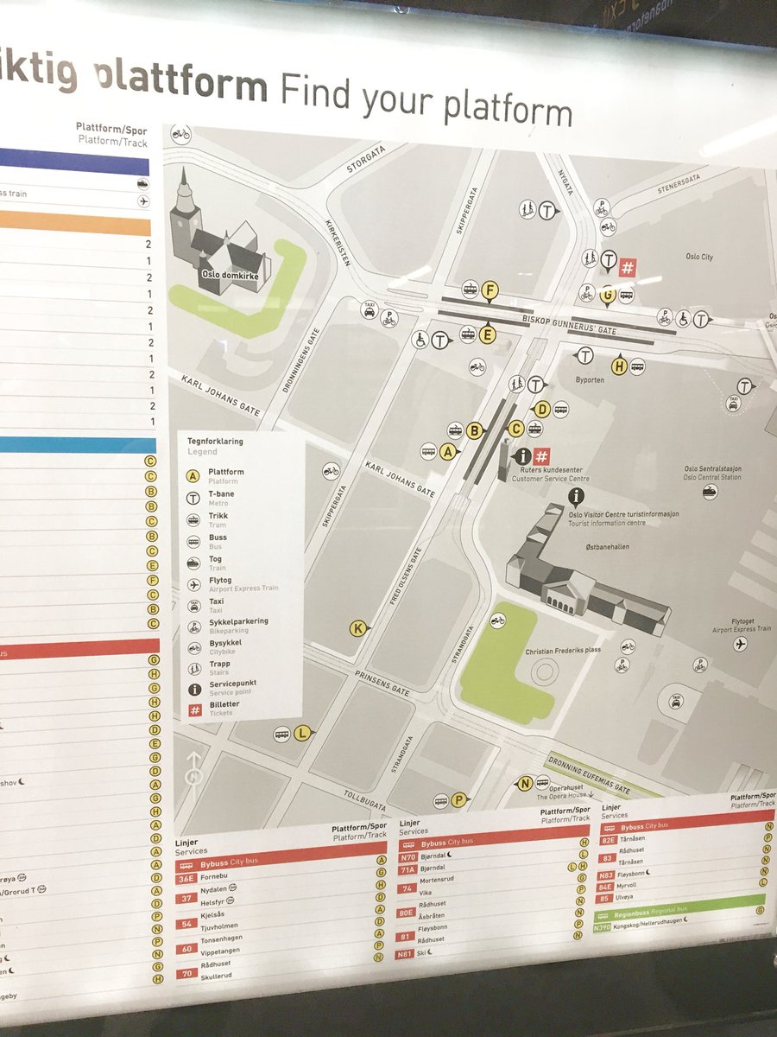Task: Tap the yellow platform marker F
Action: point(490,290)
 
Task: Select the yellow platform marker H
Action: point(618,366)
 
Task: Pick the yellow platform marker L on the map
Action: point(301,734)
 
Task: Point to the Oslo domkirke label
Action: point(224,277)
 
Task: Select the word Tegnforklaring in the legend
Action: point(215,441)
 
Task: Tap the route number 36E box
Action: point(186,878)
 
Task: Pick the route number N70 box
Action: point(407,857)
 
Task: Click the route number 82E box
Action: point(609,839)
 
